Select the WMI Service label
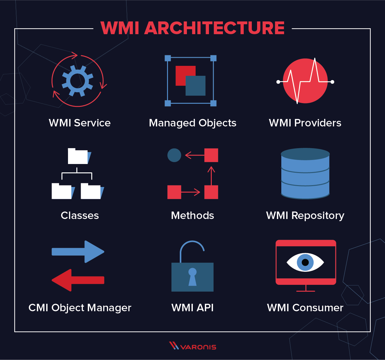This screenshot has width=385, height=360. (x=79, y=123)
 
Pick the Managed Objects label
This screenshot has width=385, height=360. (x=192, y=123)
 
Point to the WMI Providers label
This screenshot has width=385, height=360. (x=305, y=123)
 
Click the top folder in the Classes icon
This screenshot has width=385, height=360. (x=79, y=157)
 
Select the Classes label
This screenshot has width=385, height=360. (x=80, y=216)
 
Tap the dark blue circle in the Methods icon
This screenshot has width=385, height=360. (x=174, y=155)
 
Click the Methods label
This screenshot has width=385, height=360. (x=192, y=216)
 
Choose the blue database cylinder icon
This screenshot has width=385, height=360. (x=305, y=174)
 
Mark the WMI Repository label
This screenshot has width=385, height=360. (x=305, y=216)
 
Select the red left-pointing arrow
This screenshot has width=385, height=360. (x=78, y=280)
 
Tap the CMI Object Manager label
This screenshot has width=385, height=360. (x=80, y=308)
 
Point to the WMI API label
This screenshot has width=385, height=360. (x=192, y=308)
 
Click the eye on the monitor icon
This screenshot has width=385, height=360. (x=305, y=262)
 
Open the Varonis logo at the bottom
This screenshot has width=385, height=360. (x=192, y=346)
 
